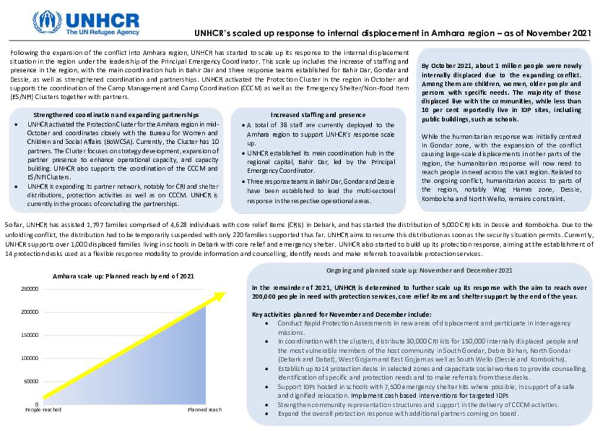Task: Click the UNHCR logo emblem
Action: pyautogui.click(x=47, y=21)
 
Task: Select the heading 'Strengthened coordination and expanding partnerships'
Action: pyautogui.click(x=116, y=114)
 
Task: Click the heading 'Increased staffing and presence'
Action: pyautogui.click(x=318, y=115)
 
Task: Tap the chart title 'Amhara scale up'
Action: pyautogui.click(x=123, y=276)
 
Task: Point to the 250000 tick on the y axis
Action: pyautogui.click(x=30, y=289)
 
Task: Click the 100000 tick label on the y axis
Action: pyautogui.click(x=30, y=358)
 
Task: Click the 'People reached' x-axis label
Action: pyautogui.click(x=43, y=410)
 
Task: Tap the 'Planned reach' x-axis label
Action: pyautogui.click(x=204, y=410)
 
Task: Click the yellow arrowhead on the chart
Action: pyautogui.click(x=219, y=295)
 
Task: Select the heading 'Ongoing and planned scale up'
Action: pyautogui.click(x=419, y=270)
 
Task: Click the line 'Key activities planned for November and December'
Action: pyautogui.click(x=341, y=314)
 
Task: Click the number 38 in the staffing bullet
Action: pyautogui.click(x=284, y=125)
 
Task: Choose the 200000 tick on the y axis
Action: pyautogui.click(x=30, y=312)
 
